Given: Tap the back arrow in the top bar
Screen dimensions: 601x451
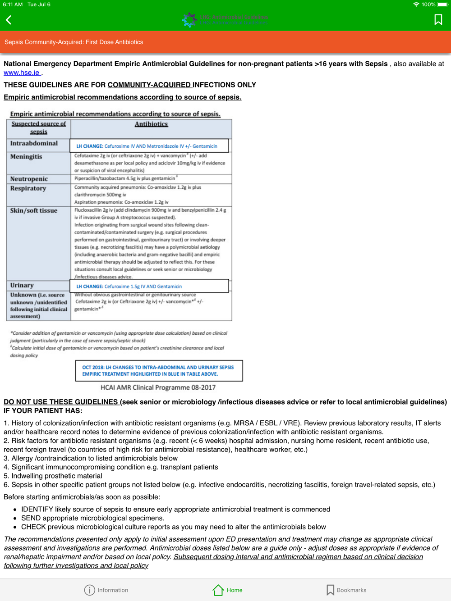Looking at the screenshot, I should (9, 20).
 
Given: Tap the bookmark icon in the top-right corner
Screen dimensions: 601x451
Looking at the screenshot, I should (438, 20).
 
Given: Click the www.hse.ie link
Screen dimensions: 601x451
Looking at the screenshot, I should (22, 73).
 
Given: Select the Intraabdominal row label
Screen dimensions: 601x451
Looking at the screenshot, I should (34, 143).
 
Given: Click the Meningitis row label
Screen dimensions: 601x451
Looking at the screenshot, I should (26, 157).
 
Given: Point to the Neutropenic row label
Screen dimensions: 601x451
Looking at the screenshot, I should (29, 179).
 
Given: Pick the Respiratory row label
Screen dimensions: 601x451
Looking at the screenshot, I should (28, 188).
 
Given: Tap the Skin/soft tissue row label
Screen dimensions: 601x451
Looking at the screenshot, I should (34, 210).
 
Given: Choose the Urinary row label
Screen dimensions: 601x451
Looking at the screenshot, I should (22, 285).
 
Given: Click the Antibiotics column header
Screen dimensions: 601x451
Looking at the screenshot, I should (151, 124).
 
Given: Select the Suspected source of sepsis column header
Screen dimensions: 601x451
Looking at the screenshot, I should (39, 127).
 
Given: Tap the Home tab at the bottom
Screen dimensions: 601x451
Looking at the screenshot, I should (228, 590).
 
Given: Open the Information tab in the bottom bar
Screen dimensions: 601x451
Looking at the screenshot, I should (106, 590).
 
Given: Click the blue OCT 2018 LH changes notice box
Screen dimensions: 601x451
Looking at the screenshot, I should (159, 370).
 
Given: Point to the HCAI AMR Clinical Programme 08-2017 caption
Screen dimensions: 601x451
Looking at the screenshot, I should (158, 387).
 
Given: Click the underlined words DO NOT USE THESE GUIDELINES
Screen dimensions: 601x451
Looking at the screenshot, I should (61, 402).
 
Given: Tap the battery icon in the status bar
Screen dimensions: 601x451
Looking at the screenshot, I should (442, 5).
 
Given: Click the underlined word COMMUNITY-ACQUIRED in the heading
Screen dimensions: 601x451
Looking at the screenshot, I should (149, 85).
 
